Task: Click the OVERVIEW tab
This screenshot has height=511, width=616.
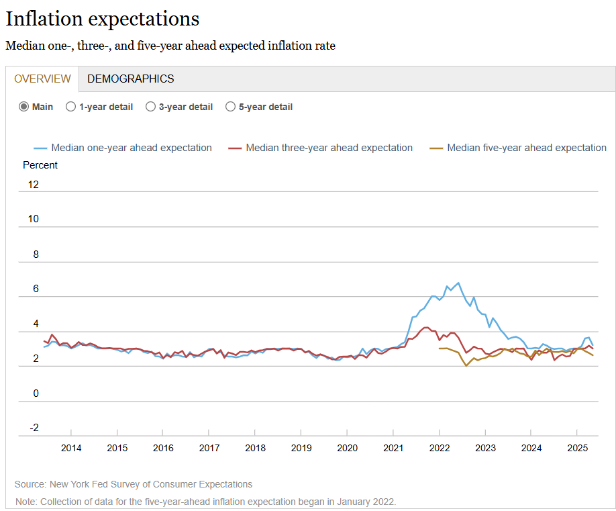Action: tap(42, 79)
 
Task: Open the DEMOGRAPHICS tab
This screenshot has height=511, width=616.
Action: tap(130, 79)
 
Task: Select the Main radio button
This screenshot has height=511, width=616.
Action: tap(24, 107)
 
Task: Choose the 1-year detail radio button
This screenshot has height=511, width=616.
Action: tap(70, 107)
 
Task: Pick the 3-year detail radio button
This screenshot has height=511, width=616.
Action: tap(150, 107)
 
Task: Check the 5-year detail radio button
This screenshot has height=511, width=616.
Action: tap(230, 107)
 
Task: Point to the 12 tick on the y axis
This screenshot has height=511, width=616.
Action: tap(33, 184)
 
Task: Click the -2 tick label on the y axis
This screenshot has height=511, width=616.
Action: tap(33, 428)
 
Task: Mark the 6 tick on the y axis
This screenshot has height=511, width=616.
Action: tap(36, 289)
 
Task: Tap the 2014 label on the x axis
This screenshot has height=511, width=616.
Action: tap(71, 448)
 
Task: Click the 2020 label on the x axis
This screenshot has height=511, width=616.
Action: tap(347, 448)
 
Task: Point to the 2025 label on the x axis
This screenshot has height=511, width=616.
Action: tap(577, 448)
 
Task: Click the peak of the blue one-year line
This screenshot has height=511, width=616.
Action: tap(458, 283)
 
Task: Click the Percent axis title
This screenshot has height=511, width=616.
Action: tap(40, 165)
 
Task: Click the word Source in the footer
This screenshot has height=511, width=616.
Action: tap(30, 484)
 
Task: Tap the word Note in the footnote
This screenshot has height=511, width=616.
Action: tap(26, 502)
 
